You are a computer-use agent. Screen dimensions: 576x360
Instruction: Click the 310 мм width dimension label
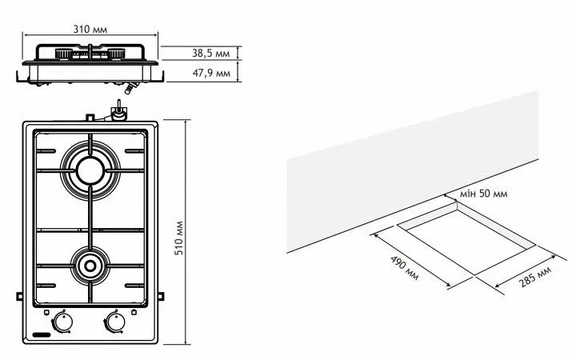tap(90, 29)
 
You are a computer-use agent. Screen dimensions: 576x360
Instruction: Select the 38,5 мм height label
tap(211, 54)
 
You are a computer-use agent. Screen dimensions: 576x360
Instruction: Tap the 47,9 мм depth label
tap(211, 73)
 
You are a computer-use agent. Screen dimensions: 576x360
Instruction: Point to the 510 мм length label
tap(179, 238)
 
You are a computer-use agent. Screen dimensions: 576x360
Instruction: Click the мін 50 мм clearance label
tap(483, 194)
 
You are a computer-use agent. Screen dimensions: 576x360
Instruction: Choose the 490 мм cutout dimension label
tap(404, 268)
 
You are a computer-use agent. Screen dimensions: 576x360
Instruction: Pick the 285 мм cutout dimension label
tap(535, 276)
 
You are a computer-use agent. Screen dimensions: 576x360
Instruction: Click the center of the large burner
tap(90, 170)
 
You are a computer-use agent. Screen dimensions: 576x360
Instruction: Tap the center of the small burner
tap(90, 266)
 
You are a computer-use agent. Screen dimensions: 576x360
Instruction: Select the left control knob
tap(63, 322)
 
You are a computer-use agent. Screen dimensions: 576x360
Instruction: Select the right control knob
tap(115, 322)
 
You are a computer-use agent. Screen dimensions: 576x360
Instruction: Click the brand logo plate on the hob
tap(42, 335)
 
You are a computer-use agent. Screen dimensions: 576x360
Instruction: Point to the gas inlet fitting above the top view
tap(118, 112)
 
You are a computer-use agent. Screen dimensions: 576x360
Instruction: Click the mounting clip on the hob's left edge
tap(19, 296)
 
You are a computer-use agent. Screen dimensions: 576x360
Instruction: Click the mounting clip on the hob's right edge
tap(161, 296)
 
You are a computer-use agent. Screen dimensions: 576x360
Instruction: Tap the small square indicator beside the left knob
tap(46, 313)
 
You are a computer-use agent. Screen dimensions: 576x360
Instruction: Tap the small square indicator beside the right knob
tap(134, 313)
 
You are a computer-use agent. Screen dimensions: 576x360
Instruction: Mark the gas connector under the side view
tap(130, 87)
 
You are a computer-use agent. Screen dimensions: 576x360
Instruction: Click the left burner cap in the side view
tap(64, 54)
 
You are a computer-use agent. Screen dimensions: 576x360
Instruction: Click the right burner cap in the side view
tap(116, 54)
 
